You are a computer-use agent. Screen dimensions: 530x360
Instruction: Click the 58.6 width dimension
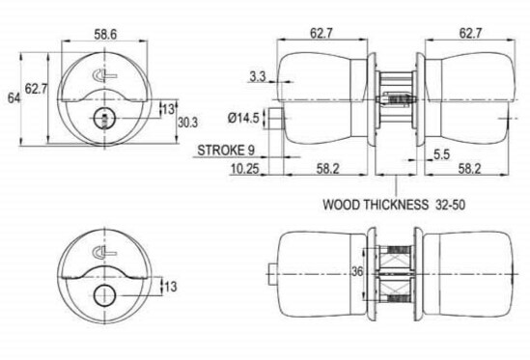click(105, 34)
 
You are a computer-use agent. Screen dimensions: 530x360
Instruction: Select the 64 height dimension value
click(14, 98)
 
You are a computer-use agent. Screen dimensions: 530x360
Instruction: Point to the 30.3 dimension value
click(187, 123)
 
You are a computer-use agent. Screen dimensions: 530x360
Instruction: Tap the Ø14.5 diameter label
click(243, 118)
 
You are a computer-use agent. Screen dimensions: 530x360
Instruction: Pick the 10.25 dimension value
click(244, 169)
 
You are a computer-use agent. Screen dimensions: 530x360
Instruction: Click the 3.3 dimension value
click(258, 77)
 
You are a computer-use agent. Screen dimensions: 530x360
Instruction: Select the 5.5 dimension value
click(442, 154)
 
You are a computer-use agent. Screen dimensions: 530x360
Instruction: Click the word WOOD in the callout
click(342, 205)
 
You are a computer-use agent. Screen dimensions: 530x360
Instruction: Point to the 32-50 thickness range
click(450, 205)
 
